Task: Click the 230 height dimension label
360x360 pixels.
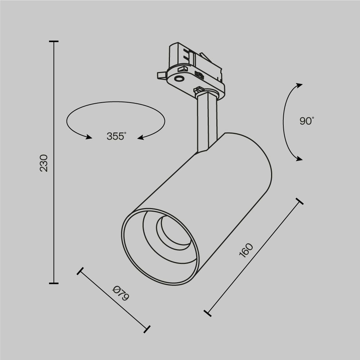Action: coord(44,163)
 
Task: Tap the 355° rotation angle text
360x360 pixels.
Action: coord(116,136)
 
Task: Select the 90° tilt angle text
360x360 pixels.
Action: coord(307,121)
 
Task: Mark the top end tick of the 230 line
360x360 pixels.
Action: coord(54,42)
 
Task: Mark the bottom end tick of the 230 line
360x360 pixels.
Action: coord(54,283)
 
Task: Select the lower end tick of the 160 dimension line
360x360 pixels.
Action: coord(207,313)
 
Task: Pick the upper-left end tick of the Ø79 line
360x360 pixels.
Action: coord(80,271)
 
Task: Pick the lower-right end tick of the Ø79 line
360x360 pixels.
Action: coord(147,328)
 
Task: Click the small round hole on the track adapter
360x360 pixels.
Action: coord(179,78)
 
